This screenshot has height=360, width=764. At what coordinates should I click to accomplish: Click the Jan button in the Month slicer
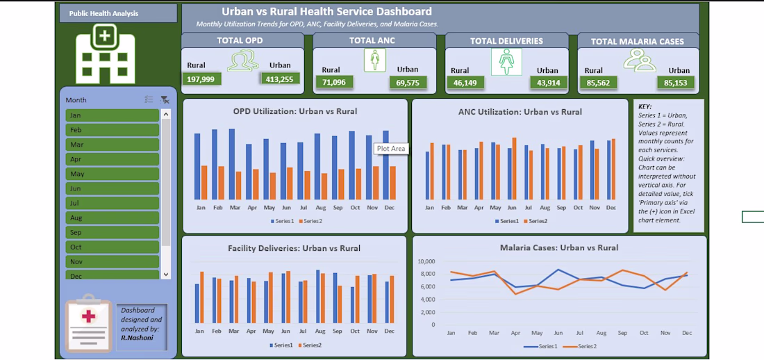pos(112,115)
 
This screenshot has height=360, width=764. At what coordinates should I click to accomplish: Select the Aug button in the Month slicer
pos(112,218)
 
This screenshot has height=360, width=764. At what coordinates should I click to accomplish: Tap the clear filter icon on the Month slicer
pos(165,99)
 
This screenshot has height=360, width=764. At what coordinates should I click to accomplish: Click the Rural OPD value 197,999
pos(202,79)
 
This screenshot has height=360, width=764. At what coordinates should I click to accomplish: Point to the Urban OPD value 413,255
pos(280,79)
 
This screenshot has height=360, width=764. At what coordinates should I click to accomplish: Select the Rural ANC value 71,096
pos(334,83)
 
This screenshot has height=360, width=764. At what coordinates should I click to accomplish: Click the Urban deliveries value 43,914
pos(549,83)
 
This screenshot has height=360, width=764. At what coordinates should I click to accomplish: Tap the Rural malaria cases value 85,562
pos(598,83)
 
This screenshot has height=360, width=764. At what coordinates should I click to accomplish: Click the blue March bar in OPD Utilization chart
pos(232,165)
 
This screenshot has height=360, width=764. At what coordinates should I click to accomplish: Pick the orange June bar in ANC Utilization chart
pos(514,169)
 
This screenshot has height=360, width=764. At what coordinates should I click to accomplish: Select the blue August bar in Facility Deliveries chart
pos(317,297)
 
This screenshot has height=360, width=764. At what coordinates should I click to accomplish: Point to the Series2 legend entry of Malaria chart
pos(581,346)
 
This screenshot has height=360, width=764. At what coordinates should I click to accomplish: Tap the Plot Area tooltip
pos(391,149)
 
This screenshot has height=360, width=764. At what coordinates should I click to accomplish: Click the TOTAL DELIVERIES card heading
pos(507,42)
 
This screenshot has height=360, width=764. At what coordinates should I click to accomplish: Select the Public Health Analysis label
pos(103,14)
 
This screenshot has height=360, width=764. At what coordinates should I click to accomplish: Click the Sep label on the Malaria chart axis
pos(622,333)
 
